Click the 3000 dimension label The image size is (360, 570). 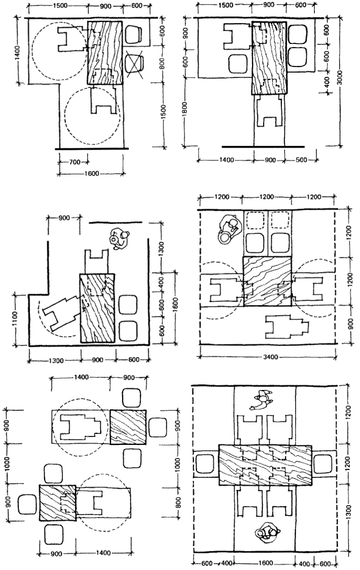coord(339,78)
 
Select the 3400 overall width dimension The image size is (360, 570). coord(270,356)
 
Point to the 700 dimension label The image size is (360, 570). coord(74,162)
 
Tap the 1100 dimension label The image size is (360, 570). coord(15,319)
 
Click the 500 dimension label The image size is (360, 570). coord(301,159)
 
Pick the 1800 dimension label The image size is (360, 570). coord(185,110)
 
